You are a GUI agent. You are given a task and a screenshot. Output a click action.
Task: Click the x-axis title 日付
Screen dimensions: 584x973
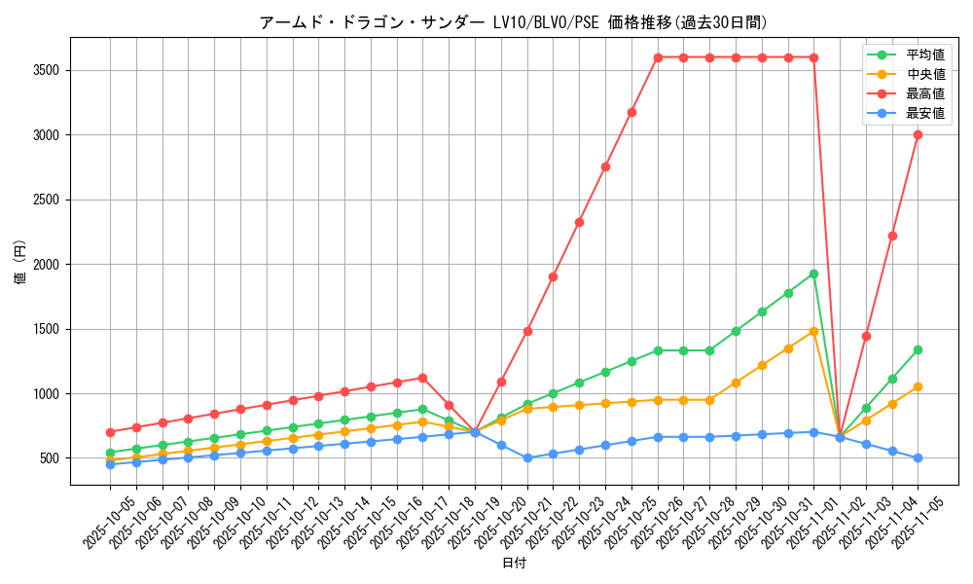point(514,564)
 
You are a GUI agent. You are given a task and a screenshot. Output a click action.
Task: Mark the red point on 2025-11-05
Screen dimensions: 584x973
point(918,134)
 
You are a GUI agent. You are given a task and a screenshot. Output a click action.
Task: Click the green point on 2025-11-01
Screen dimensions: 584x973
point(813,274)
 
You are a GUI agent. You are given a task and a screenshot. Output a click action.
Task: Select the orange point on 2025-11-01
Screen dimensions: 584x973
point(813,331)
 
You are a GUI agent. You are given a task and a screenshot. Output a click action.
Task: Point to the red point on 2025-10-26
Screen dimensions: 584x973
point(658,57)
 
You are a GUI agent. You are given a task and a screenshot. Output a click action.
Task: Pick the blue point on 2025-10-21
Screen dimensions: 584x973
point(527,457)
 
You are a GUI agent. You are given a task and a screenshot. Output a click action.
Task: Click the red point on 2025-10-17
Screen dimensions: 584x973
point(422,378)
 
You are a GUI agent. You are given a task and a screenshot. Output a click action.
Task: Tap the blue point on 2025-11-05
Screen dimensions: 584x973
point(918,457)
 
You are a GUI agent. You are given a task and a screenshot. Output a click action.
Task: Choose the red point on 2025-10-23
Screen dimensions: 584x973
point(579,222)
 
